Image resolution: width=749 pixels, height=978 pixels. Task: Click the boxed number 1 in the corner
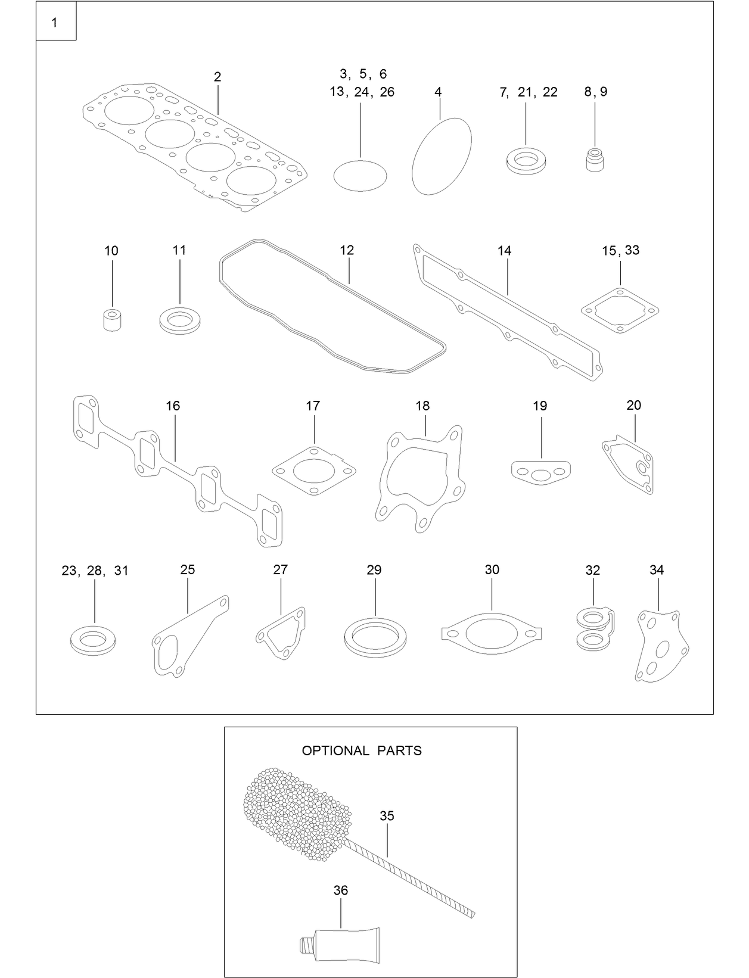pos(55,23)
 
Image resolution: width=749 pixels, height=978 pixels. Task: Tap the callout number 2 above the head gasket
pos(217,77)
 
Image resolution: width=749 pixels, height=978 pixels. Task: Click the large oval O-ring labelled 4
pos(442,155)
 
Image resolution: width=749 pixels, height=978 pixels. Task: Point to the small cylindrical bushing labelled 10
pos(111,320)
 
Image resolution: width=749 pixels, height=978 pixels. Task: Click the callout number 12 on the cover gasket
pos(347,250)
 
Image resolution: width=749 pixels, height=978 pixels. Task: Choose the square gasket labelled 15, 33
pos(620,310)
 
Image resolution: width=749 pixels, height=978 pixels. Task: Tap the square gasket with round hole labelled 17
pos(314,471)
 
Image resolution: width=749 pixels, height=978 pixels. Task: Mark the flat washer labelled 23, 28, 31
pos(93,641)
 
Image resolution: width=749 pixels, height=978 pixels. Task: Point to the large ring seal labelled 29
pos(375,637)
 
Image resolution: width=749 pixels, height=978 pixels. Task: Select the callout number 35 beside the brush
pos(387,816)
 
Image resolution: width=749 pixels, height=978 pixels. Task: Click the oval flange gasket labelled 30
pos(492,633)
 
